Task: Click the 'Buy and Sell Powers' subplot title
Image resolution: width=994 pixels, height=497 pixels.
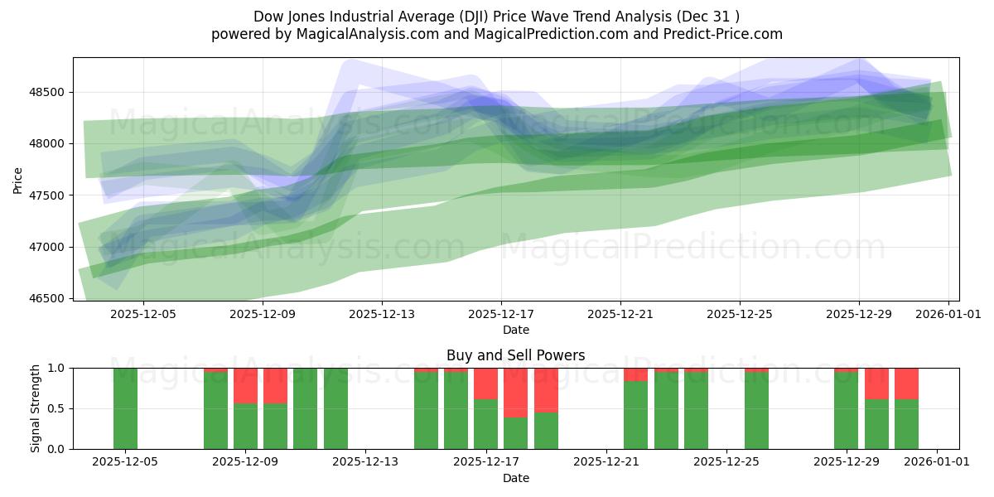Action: pyautogui.click(x=515, y=355)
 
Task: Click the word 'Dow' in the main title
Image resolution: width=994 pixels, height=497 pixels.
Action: pyautogui.click(x=268, y=16)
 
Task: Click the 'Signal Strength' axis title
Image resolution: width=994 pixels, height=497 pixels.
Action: pyautogui.click(x=34, y=408)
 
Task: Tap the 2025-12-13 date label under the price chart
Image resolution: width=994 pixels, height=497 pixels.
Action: pyautogui.click(x=381, y=314)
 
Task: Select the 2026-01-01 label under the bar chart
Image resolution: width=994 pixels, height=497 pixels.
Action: pyautogui.click(x=936, y=462)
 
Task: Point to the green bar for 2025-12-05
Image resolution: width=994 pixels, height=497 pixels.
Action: pyautogui.click(x=125, y=408)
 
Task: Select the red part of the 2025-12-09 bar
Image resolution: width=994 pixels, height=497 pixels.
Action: pyautogui.click(x=245, y=385)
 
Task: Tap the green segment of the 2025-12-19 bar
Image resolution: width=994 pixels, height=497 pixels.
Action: pyautogui.click(x=546, y=431)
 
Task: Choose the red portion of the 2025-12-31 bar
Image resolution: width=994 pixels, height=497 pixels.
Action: pyautogui.click(x=906, y=384)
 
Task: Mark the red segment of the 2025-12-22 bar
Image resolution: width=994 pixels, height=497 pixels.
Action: pyautogui.click(x=636, y=374)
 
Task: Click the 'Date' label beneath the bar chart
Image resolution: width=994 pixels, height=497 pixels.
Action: pyautogui.click(x=515, y=478)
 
